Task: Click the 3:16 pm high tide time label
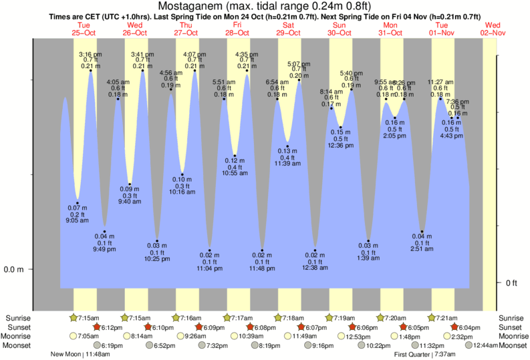[90, 54]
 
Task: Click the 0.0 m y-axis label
[14, 270]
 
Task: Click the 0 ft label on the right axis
[511, 283]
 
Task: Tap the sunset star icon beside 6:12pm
[96, 327]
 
